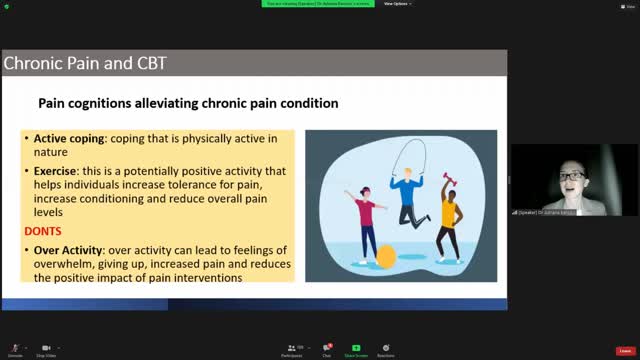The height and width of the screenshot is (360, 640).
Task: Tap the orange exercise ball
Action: click(x=386, y=256)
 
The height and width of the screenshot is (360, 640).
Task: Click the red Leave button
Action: click(x=624, y=350)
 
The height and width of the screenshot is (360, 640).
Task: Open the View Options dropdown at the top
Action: click(x=397, y=4)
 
